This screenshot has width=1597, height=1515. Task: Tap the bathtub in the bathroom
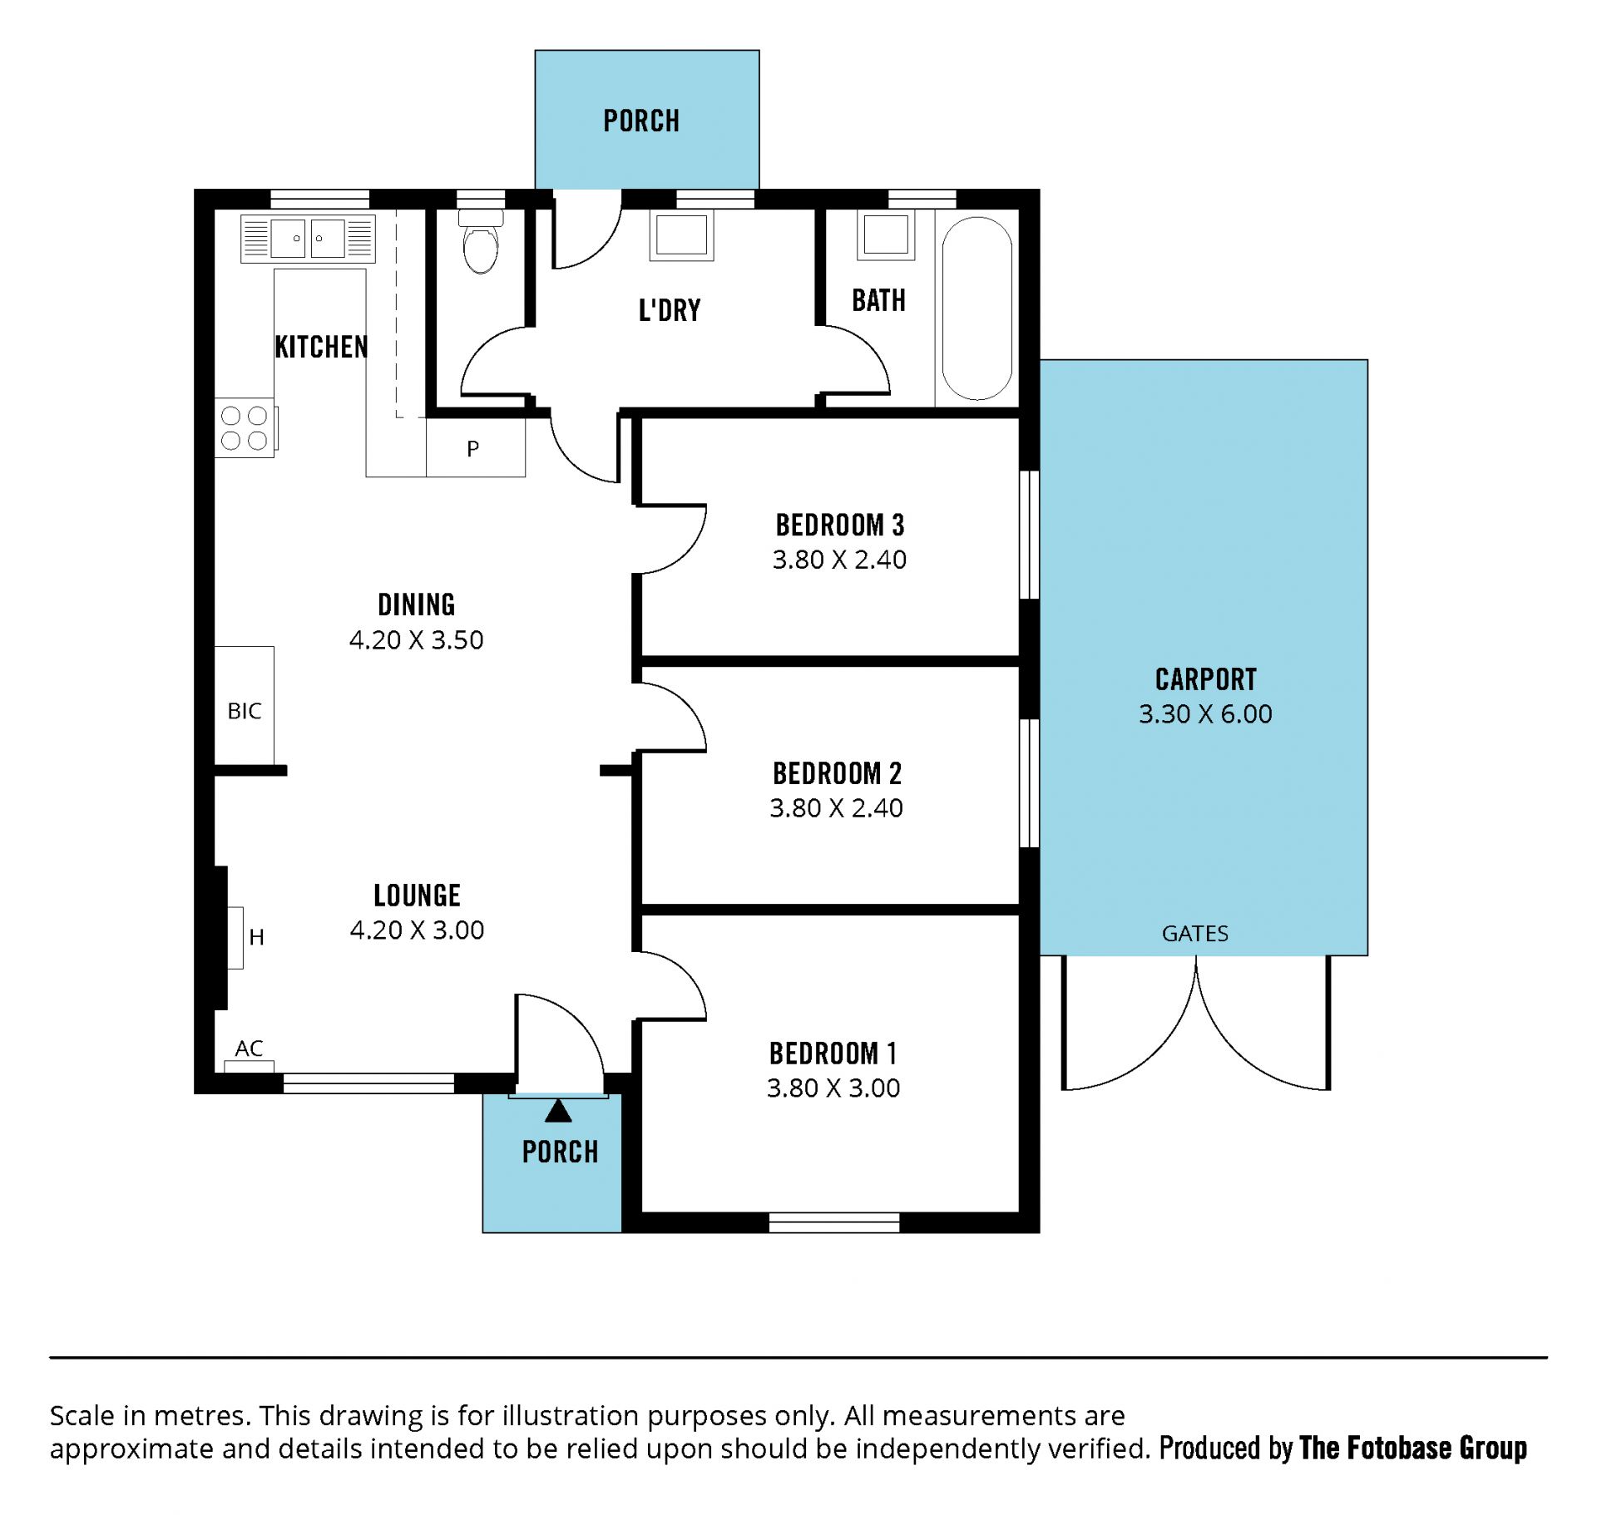click(977, 308)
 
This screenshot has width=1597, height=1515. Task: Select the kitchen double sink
click(308, 239)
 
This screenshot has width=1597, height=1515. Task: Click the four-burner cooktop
click(245, 428)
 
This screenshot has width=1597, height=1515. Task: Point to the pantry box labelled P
click(476, 447)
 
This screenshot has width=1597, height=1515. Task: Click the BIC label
click(245, 711)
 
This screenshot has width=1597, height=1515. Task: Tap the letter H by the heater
click(256, 937)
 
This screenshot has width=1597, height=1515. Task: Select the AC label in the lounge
click(249, 1049)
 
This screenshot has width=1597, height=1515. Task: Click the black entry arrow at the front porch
click(558, 1111)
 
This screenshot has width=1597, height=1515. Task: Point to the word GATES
click(1194, 933)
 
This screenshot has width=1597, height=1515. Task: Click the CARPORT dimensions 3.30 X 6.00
click(1205, 713)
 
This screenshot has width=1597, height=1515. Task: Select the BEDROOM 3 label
click(839, 526)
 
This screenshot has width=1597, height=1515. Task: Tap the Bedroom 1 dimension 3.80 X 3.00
click(833, 1088)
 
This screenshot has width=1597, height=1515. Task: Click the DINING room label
click(417, 605)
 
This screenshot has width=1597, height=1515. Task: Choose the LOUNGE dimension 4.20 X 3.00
click(417, 930)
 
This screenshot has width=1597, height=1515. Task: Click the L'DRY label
click(670, 310)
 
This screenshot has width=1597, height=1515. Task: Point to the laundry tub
click(681, 236)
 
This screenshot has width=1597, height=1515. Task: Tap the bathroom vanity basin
click(886, 235)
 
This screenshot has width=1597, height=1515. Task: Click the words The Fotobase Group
click(1412, 1448)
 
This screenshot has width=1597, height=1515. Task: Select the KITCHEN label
click(321, 347)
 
